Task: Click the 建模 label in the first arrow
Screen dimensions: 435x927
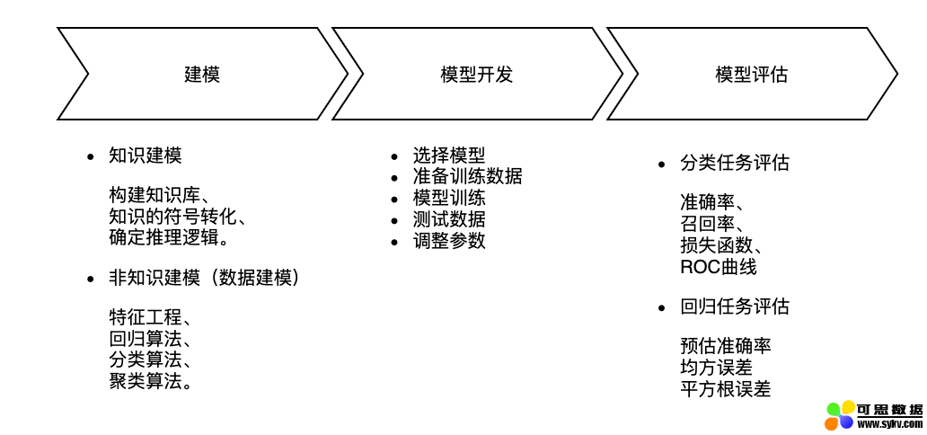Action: [202, 75]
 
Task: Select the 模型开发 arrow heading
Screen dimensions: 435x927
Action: [476, 75]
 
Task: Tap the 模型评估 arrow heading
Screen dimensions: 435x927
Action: [751, 75]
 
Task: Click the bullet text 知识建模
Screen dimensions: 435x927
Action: [146, 155]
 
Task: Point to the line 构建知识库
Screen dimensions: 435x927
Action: [158, 196]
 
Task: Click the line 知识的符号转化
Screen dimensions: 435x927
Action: [177, 217]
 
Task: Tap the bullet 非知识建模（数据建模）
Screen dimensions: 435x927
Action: [204, 278]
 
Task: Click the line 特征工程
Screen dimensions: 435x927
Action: [150, 318]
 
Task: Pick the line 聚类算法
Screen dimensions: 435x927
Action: [150, 380]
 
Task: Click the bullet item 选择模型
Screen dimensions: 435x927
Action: [449, 155]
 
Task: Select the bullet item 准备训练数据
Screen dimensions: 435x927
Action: [467, 176]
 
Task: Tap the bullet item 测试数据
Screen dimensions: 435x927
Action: [449, 219]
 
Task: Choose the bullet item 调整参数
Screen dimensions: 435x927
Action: [449, 241]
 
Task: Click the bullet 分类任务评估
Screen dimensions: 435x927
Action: [735, 163]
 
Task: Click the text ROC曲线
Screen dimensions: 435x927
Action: [719, 267]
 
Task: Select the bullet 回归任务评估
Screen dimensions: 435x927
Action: [735, 306]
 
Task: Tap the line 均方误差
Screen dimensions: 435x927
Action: [717, 368]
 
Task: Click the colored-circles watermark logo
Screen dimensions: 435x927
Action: [840, 415]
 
